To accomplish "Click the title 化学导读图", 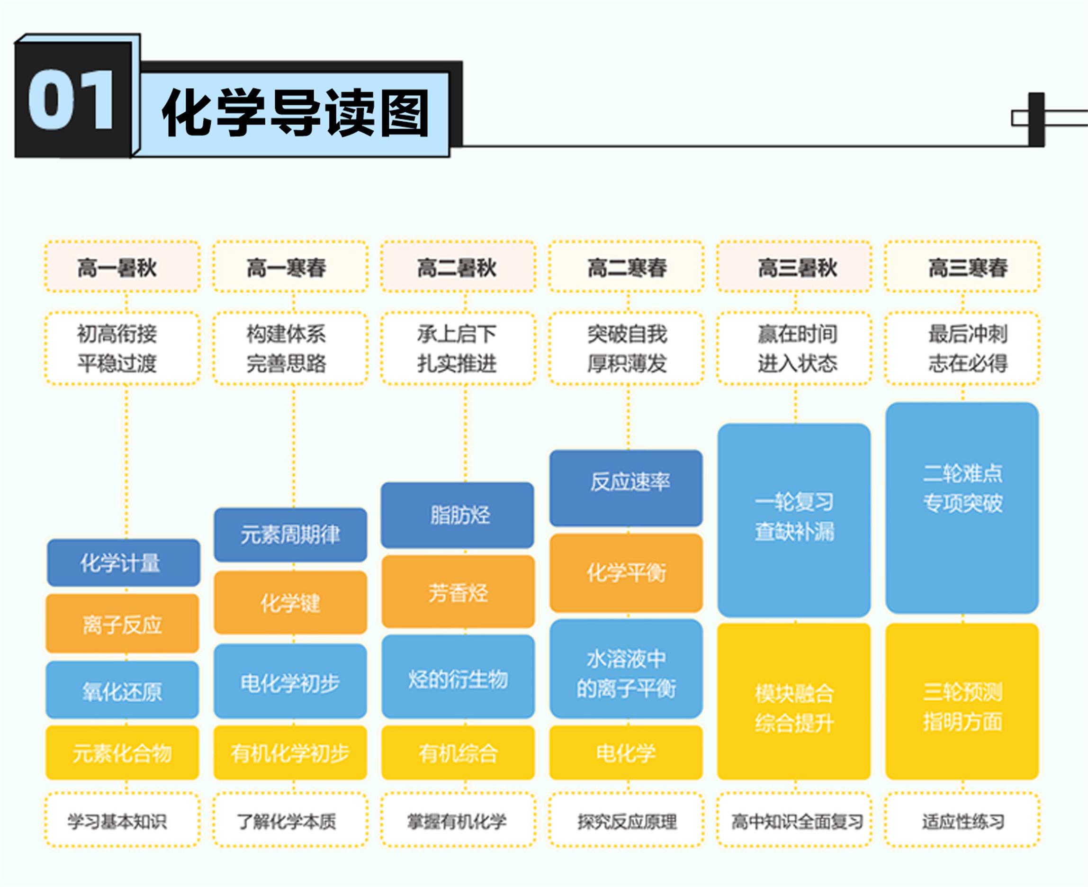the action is (x=296, y=112).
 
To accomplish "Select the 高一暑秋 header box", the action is (x=122, y=267).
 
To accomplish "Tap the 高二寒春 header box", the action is (x=626, y=267).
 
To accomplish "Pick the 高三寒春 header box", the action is (x=962, y=267).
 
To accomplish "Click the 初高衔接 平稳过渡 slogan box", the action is (x=122, y=348).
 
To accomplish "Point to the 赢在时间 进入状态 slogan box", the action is (x=794, y=348).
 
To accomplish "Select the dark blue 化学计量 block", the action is (x=123, y=562).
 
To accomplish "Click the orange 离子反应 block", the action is (x=123, y=624).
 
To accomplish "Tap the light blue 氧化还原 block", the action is (x=123, y=690).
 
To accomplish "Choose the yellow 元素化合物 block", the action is (x=123, y=752).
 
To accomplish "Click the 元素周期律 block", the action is (x=291, y=534).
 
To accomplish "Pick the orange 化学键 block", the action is (x=291, y=602).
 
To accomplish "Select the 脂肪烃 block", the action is (x=458, y=515).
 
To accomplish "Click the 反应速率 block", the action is (x=626, y=488).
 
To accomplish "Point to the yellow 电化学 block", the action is (x=626, y=752).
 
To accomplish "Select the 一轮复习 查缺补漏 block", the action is (x=794, y=520).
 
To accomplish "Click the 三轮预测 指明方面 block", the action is (x=962, y=702).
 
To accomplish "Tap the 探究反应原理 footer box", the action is (x=626, y=821).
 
